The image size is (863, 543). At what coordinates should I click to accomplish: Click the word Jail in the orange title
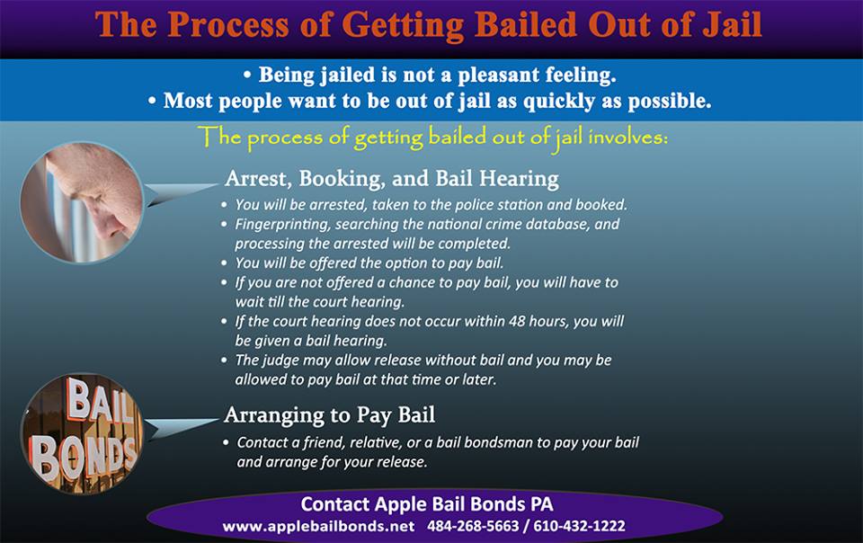pos(734,24)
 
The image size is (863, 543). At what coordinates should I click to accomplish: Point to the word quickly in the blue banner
pos(558,102)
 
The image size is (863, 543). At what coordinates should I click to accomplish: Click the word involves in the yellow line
pos(627,137)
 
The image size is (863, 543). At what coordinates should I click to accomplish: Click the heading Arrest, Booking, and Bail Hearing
pos(392,178)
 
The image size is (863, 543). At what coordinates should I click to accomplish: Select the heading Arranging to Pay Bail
pos(330,414)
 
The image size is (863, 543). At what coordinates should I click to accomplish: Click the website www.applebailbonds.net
pos(318,527)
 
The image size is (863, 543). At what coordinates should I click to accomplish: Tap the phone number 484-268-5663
pos(473,527)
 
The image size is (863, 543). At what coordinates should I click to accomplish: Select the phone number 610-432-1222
pos(579,527)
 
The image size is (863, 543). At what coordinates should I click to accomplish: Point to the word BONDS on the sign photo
pos(83,454)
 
